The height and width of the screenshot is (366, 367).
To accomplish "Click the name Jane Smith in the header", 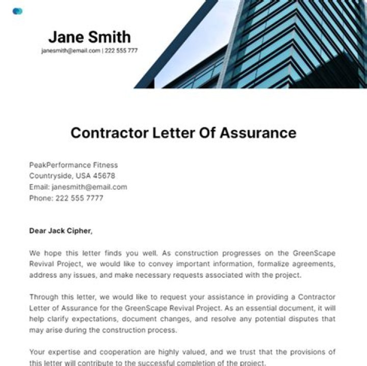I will point(89,37).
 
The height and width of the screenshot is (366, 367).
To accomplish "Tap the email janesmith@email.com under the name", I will point(71,51).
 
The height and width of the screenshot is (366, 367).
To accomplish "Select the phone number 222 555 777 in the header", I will point(121,51).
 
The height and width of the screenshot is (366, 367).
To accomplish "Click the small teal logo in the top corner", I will point(18,11).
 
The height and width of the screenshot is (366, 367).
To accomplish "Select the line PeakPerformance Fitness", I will point(73,165).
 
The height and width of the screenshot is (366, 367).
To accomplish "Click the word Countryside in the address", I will point(50,176).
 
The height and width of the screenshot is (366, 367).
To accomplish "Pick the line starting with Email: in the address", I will point(78,187).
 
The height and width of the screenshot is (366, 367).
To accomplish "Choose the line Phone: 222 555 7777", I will point(66,198).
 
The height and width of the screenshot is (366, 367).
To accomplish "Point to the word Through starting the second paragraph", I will point(44,297).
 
